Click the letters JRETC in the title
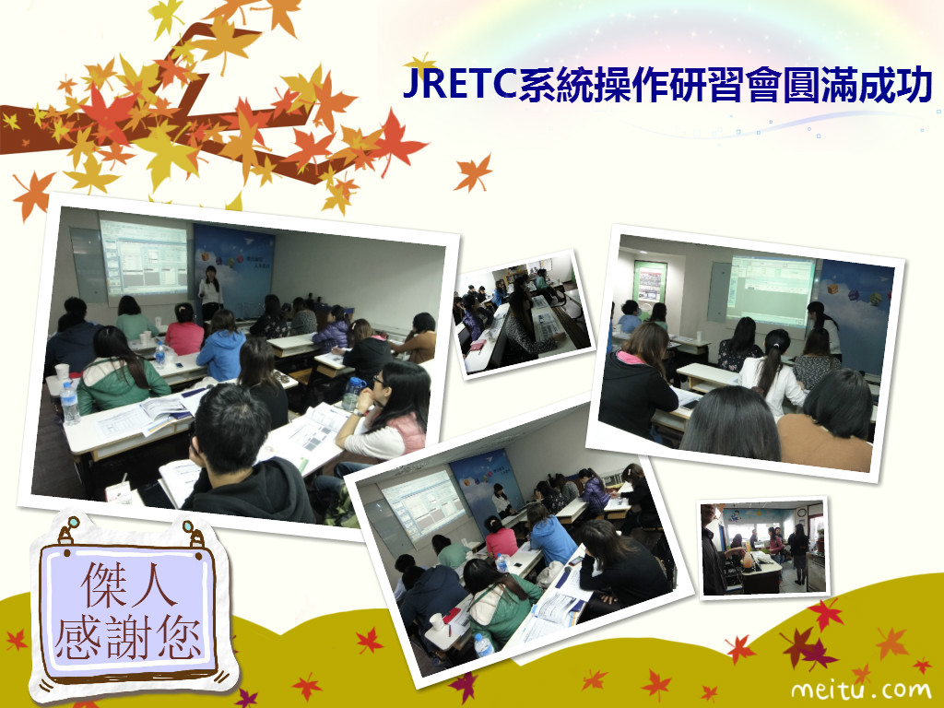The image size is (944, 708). point(460,85)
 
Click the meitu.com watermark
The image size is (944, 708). point(861,689)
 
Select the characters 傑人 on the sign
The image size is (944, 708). point(127,585)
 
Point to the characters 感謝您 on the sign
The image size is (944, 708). point(127,638)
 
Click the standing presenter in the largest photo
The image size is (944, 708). point(210,292)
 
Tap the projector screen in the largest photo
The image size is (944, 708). point(145,258)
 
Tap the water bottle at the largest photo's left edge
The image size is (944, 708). point(69,404)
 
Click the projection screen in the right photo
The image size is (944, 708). point(770,290)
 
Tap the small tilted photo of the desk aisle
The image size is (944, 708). point(524,314)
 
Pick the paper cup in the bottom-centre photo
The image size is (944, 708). point(436,621)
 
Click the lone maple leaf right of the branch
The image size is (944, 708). point(474,173)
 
